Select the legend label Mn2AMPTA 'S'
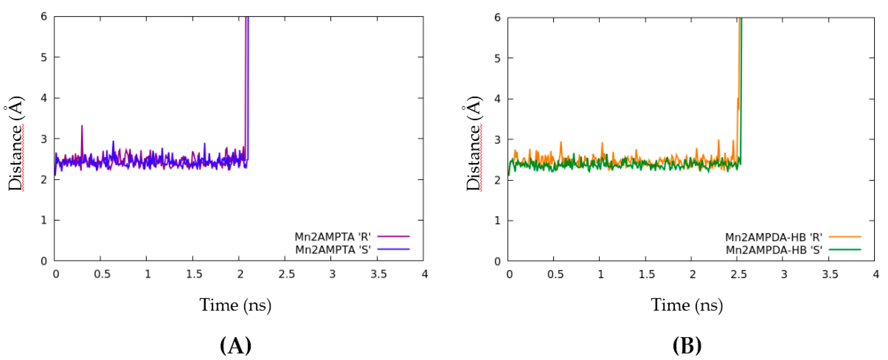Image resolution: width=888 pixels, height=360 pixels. (333, 249)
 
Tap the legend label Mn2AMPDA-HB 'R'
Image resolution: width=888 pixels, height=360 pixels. (773, 237)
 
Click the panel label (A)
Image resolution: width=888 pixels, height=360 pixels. (236, 345)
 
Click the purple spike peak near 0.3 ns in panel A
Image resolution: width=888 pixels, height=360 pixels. (82, 126)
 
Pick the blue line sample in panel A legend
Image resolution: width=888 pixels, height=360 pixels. (393, 249)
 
